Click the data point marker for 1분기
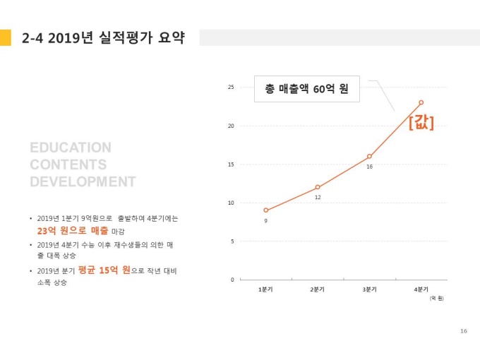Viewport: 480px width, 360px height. click(x=265, y=210)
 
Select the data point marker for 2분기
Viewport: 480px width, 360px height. click(x=318, y=187)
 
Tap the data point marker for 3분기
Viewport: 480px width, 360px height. click(x=369, y=157)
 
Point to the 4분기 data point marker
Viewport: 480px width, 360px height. click(x=421, y=102)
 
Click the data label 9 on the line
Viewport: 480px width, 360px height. click(x=265, y=221)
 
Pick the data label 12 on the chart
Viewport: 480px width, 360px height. click(x=318, y=198)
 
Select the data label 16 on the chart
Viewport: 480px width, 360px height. click(x=369, y=167)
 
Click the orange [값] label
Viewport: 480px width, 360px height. click(x=421, y=122)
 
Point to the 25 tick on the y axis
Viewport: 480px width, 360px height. click(x=231, y=88)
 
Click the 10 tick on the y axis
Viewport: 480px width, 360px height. click(x=231, y=203)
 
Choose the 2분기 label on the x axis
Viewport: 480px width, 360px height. click(x=318, y=289)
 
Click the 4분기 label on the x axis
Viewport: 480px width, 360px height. click(x=421, y=289)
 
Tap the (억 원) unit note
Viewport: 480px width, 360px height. click(x=436, y=298)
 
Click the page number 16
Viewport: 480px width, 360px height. click(x=463, y=330)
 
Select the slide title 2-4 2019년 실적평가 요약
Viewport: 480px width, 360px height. click(x=103, y=37)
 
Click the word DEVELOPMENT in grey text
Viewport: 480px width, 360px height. click(x=83, y=182)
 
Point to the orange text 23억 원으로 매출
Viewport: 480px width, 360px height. click(x=73, y=230)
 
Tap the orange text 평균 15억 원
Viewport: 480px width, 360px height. click(x=104, y=270)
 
